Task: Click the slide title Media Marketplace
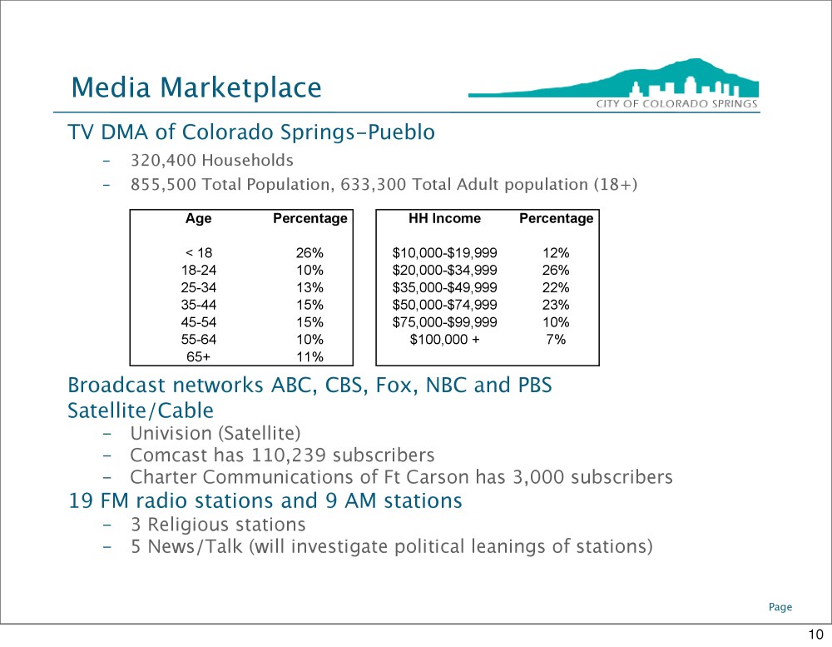(196, 88)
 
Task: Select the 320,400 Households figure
(211, 161)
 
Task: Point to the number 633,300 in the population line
(373, 184)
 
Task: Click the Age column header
(199, 218)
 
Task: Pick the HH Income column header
(444, 218)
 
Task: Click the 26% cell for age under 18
(310, 253)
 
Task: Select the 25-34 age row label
(199, 287)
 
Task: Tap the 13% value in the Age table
(310, 287)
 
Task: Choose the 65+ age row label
(199, 356)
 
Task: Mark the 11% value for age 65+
(310, 356)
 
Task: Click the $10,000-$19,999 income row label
(444, 253)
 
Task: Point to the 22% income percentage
(556, 287)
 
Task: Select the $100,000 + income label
(444, 340)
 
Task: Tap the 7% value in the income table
(556, 340)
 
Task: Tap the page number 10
(815, 635)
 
